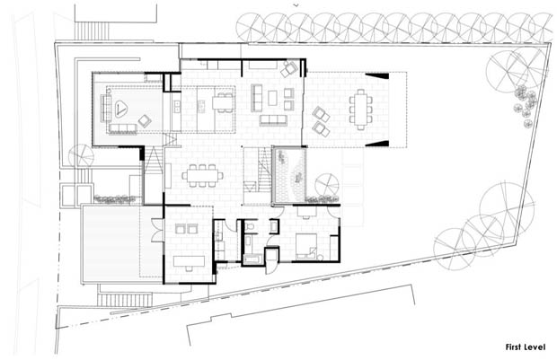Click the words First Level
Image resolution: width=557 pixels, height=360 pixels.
(525, 347)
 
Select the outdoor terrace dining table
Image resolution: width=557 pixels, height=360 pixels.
(361, 110)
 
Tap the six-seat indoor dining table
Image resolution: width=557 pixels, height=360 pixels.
(202, 176)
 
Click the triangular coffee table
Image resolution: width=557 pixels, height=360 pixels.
(120, 109)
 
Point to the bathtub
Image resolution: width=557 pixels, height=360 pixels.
(252, 259)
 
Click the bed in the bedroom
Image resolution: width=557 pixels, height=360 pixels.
(306, 246)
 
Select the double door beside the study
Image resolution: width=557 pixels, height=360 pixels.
(157, 230)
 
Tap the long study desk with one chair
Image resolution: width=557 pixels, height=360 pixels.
(189, 262)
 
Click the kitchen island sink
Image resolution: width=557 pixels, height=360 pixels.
(201, 106)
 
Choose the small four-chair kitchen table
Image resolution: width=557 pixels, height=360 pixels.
(223, 102)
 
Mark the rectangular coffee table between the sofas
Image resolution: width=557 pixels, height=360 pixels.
(272, 98)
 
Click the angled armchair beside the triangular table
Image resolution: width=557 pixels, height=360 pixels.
(145, 121)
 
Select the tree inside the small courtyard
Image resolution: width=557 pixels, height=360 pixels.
(326, 185)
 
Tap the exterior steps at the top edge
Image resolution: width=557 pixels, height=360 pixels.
(93, 31)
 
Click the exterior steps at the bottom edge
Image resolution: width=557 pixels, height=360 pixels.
(125, 301)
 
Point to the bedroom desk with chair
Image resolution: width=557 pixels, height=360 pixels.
(306, 211)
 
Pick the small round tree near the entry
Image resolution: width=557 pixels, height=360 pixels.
(82, 155)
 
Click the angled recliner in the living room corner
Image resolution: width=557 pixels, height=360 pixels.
(288, 69)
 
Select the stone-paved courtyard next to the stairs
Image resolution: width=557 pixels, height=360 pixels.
(289, 175)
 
